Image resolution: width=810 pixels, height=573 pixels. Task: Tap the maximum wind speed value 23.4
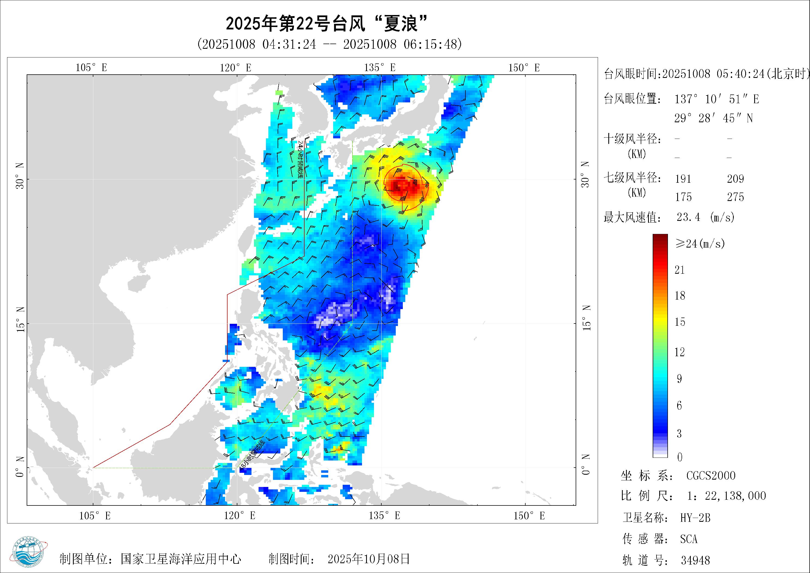pos(688,217)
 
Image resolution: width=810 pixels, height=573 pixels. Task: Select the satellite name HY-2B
pos(695,518)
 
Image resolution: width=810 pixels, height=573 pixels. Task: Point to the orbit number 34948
pos(695,560)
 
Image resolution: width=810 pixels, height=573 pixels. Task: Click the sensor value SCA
pos(689,539)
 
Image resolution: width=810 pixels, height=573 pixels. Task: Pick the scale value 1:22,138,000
pos(726,496)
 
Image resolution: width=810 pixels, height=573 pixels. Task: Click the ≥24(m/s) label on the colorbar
pos(700,243)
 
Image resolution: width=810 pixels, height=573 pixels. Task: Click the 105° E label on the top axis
pos(91,68)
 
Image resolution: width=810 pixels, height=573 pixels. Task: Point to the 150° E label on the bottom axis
pos(529,516)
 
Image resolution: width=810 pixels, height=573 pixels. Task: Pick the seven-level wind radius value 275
pos(735,197)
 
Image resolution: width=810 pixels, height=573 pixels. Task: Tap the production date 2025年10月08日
pos(369,559)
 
